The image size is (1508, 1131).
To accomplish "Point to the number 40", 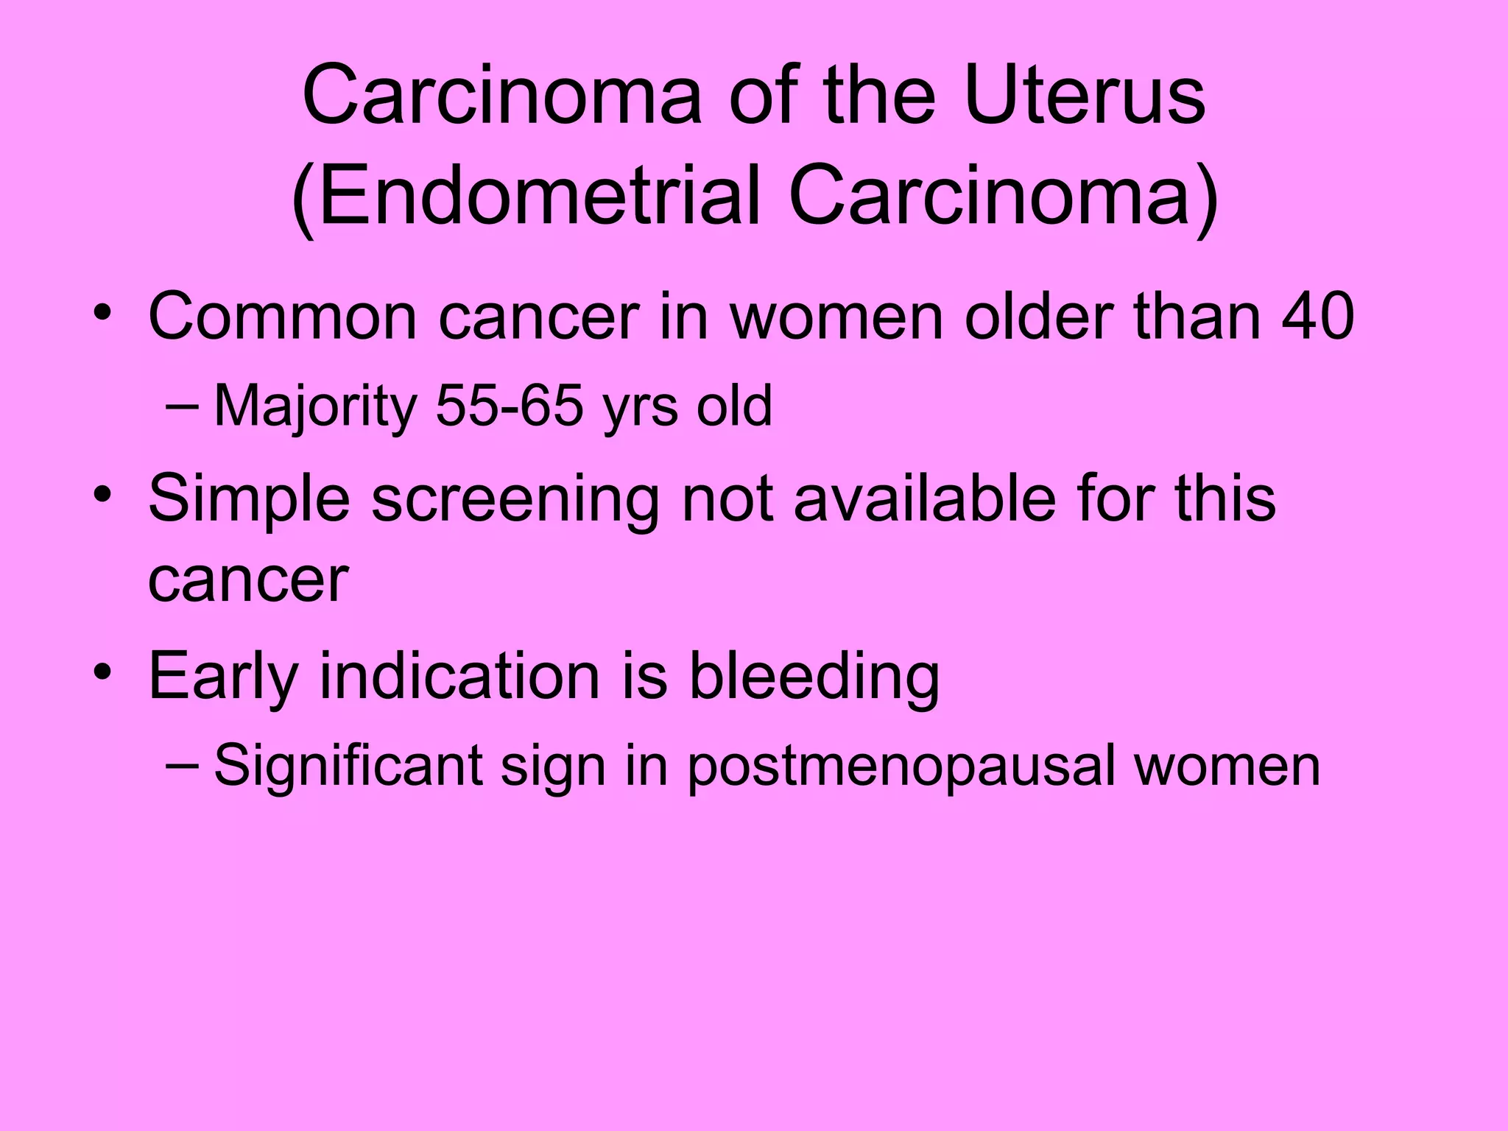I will click(x=1317, y=317).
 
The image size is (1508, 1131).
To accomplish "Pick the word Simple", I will click(x=248, y=499).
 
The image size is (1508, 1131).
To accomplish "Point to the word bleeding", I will click(x=814, y=677).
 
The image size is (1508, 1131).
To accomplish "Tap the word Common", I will click(x=282, y=317).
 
